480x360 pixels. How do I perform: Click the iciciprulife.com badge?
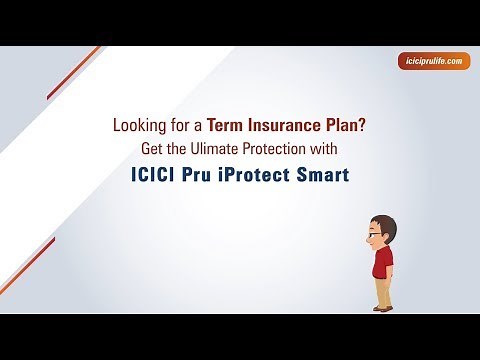(429, 61)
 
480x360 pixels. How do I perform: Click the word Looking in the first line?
(139, 127)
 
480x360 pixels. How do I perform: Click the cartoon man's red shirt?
(383, 262)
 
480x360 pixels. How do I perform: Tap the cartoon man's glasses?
(373, 233)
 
